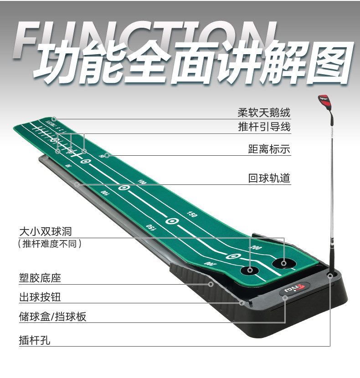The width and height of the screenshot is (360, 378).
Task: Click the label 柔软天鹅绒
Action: [264, 112]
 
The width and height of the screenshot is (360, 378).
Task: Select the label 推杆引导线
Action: [264, 127]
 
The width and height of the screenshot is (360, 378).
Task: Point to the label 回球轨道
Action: [269, 178]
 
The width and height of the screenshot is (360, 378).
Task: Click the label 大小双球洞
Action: [46, 231]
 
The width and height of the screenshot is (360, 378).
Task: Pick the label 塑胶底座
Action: [40, 278]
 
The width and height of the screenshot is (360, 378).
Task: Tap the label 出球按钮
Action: [40, 297]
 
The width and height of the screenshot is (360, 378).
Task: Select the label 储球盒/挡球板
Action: [53, 317]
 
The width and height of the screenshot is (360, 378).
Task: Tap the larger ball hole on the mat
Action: [283, 262]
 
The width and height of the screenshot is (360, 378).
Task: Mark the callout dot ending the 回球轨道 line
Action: [77, 184]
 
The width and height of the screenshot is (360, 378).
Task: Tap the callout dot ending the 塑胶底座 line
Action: [211, 284]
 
